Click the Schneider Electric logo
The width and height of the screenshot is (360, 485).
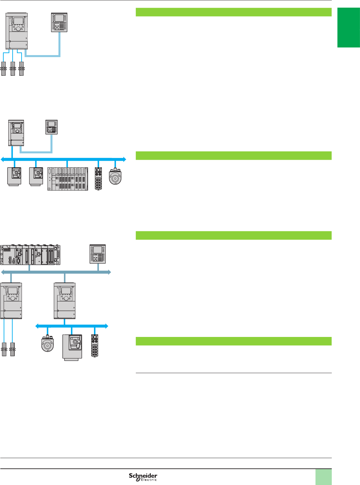tap(143, 477)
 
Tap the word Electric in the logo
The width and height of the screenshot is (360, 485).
tap(148, 480)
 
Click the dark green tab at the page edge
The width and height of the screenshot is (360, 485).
tap(348, 28)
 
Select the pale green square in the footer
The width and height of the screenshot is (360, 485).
tap(323, 477)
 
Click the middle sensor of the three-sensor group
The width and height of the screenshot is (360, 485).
tap(13, 69)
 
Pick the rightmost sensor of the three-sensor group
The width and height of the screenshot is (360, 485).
tap(22, 69)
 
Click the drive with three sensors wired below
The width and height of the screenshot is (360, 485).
tap(17, 31)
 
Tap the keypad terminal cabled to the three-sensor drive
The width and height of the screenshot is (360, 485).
tap(59, 23)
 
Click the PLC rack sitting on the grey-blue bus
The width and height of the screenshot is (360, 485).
tap(30, 255)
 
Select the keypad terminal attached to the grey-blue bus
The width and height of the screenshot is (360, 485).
tap(98, 254)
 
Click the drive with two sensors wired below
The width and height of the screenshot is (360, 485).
tap(11, 301)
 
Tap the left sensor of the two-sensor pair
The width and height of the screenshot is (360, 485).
tap(4, 350)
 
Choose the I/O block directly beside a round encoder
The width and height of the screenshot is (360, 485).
tap(98, 179)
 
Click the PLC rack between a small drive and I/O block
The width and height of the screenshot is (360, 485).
tap(68, 179)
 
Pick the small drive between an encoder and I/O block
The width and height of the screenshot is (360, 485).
tap(72, 347)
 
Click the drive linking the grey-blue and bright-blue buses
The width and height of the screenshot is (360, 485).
tap(64, 301)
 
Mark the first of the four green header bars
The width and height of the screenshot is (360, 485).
tap(233, 12)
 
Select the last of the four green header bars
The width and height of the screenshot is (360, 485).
tap(233, 341)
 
